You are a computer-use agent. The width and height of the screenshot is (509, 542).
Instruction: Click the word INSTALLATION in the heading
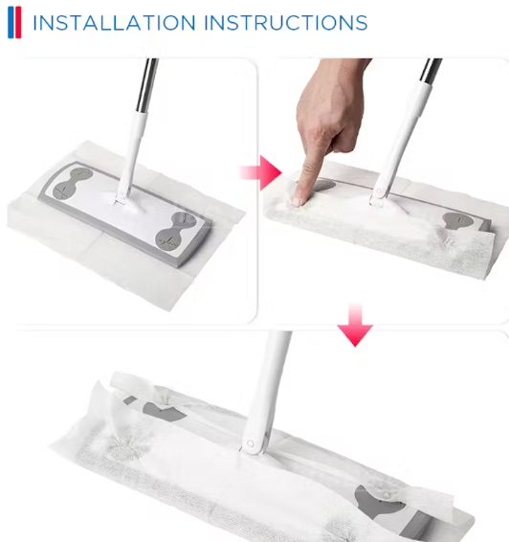pos(114,23)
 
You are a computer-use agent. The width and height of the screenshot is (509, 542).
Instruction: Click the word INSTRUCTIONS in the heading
pos(286,23)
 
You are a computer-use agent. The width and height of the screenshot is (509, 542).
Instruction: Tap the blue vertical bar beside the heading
pos(11,22)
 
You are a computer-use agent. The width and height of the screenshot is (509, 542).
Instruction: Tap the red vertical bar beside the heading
pos(18,22)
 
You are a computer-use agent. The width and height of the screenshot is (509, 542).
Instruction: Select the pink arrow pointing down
pos(355,325)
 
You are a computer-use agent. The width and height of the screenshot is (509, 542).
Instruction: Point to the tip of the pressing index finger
pos(297,201)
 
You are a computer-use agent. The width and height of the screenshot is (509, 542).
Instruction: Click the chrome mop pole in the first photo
pos(146,85)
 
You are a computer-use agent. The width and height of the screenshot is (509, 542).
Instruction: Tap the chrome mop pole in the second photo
pos(431,71)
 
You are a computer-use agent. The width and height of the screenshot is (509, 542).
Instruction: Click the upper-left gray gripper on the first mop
pos(73,184)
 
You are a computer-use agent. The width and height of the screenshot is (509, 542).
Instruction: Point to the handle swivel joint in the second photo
pos(379,193)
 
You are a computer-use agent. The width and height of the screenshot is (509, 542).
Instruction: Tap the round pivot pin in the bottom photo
pos(251,443)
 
